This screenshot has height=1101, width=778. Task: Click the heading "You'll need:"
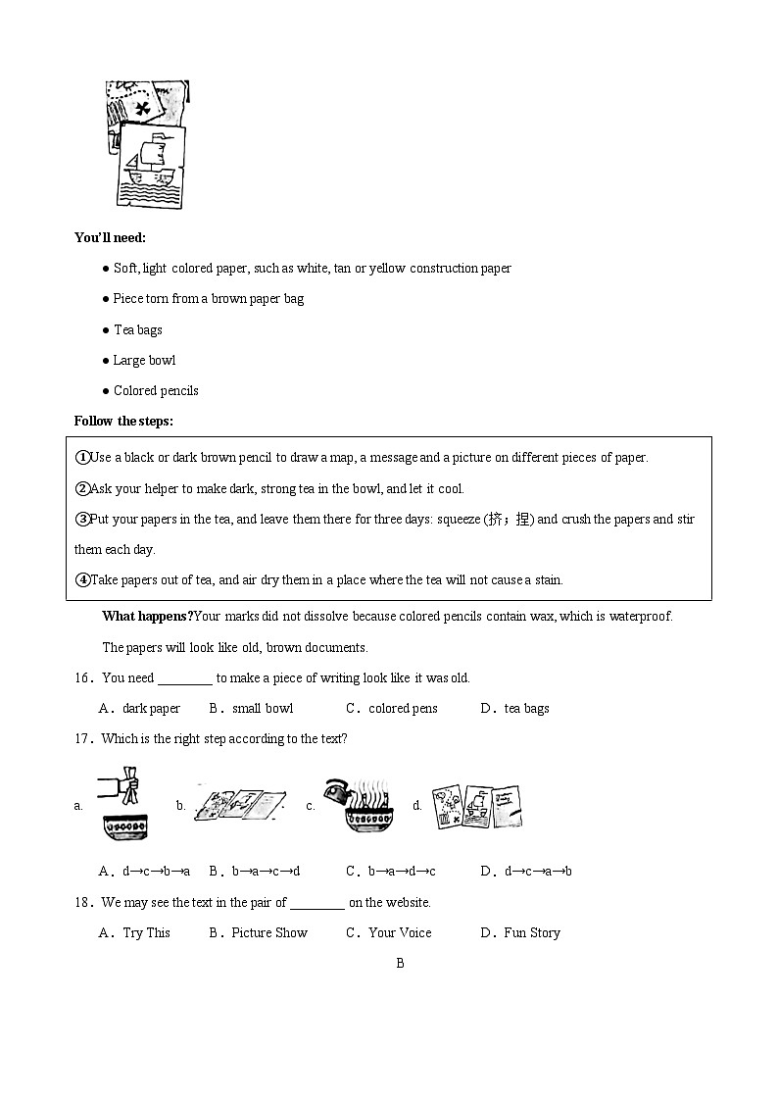click(110, 237)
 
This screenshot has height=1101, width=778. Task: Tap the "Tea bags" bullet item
click(137, 329)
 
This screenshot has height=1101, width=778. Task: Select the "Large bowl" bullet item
click(144, 360)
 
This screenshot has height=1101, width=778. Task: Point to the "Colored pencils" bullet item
click(155, 390)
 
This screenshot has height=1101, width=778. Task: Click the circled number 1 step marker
click(82, 458)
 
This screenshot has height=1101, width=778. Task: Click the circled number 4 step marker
click(82, 579)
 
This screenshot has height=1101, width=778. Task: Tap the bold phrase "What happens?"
click(147, 617)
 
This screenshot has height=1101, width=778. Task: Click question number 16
click(83, 677)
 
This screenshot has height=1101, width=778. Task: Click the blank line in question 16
click(184, 678)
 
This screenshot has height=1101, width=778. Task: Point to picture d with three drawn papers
click(476, 806)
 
